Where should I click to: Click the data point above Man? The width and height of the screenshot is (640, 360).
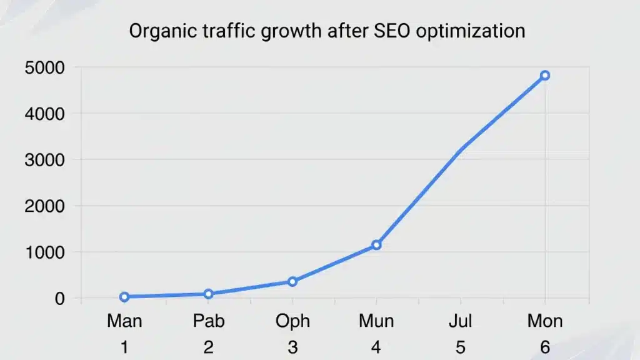[x=124, y=297]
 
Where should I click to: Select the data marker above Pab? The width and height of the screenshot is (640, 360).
[x=208, y=294]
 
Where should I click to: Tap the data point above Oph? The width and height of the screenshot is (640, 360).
[x=292, y=282]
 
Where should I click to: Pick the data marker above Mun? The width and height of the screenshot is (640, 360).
[x=376, y=245]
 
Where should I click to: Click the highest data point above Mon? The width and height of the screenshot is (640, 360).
[x=545, y=76]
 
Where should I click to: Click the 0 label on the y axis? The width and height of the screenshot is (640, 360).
[x=59, y=298]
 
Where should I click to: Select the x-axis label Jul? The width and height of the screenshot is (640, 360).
[x=461, y=321]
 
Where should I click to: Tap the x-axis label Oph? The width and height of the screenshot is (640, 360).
[x=292, y=321]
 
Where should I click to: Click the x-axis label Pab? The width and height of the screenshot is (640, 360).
[x=208, y=321]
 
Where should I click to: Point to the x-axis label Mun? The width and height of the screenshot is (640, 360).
[x=376, y=321]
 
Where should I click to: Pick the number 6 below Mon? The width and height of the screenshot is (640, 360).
[x=545, y=347]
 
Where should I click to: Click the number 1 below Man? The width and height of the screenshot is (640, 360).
[x=124, y=347]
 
